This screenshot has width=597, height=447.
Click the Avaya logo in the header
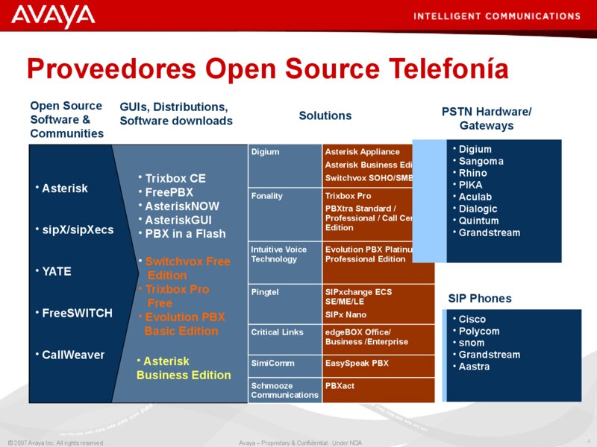[53, 15]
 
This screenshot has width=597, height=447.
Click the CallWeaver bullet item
[72, 355]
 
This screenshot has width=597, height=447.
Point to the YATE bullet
[56, 271]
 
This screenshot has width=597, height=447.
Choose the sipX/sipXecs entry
[77, 229]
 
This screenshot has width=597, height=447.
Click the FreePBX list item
[169, 192]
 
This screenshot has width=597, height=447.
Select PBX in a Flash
[184, 233]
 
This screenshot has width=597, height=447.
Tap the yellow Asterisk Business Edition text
[184, 368]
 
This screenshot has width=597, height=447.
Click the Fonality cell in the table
[267, 196]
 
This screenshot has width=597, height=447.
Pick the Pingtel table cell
[265, 292]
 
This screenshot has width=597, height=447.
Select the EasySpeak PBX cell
[357, 364]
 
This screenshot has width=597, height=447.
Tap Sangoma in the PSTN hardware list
[481, 161]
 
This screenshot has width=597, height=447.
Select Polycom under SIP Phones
[478, 331]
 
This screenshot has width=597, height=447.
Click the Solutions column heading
[325, 115]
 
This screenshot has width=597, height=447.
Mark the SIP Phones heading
[480, 298]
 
